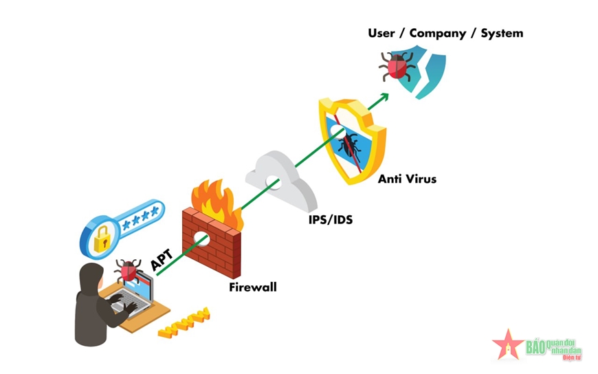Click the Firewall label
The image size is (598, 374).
253,287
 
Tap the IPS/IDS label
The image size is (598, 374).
330,221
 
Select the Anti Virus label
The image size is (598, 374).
407,179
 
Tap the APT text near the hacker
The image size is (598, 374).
162,260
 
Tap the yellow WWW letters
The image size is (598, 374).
184,323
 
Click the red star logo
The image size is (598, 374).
508,345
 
